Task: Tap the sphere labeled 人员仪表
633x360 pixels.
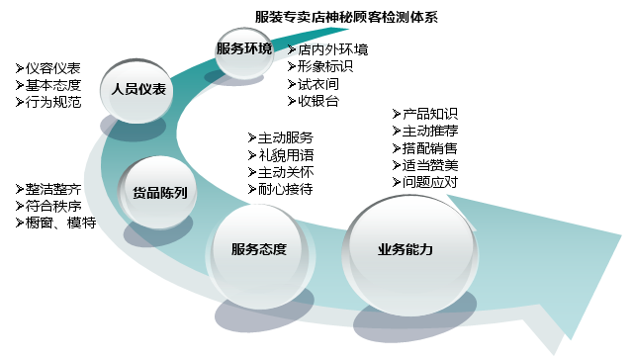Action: (x=138, y=89)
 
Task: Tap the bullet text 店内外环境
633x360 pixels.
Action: (x=332, y=49)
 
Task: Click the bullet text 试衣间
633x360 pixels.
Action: (x=318, y=83)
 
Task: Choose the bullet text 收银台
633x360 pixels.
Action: (x=318, y=100)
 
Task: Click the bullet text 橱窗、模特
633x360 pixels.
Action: (x=60, y=223)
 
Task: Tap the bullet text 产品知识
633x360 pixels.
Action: (x=430, y=114)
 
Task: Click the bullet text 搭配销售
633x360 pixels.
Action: (x=430, y=147)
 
